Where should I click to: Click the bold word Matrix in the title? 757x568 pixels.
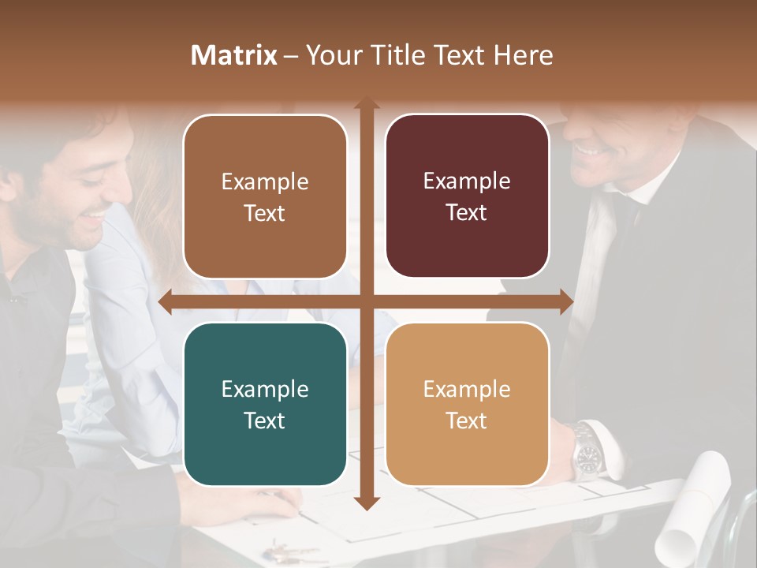pos(234,55)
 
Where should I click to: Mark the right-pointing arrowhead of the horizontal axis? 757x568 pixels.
pos(566,302)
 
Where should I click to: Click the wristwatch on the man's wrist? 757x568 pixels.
pos(587,452)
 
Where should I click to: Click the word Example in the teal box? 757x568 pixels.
pos(265,389)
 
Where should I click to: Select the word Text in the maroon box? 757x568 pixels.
pos(467,213)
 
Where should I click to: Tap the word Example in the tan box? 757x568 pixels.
pos(467,389)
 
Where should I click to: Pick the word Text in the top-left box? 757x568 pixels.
pos(265,213)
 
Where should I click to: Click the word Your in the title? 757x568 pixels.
pos(332,55)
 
